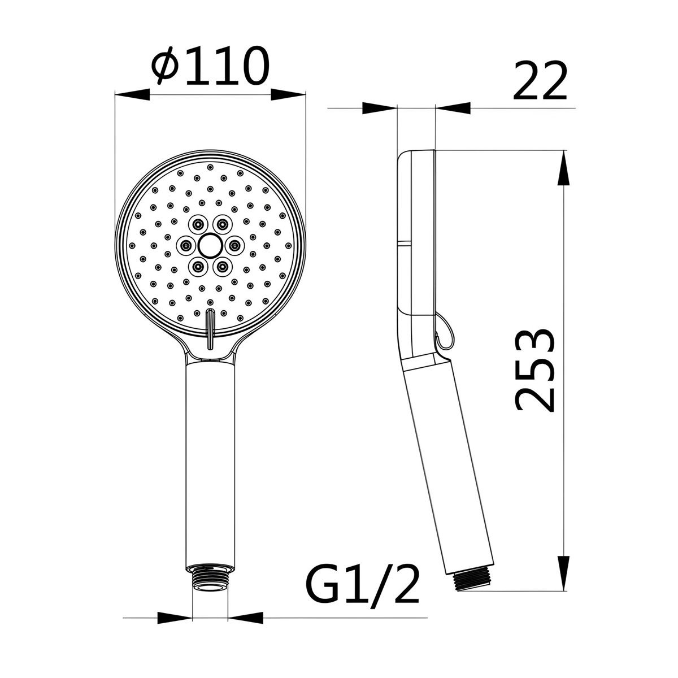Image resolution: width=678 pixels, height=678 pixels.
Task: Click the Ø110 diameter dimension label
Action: pyautogui.click(x=210, y=67)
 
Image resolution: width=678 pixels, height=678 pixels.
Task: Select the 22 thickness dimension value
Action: pyautogui.click(x=539, y=82)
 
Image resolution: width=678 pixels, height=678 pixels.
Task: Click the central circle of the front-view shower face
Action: pyautogui.click(x=210, y=245)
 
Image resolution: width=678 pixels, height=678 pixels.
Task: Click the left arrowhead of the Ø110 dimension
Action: pyautogui.click(x=132, y=94)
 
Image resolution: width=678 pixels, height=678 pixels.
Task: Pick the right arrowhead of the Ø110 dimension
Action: pyautogui.click(x=288, y=94)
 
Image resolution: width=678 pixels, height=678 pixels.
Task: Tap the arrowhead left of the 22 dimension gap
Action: pyautogui.click(x=379, y=107)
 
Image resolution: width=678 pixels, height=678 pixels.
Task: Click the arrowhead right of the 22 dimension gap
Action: pyautogui.click(x=453, y=107)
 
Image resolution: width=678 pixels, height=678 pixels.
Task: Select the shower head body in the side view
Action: pyautogui.click(x=417, y=237)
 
